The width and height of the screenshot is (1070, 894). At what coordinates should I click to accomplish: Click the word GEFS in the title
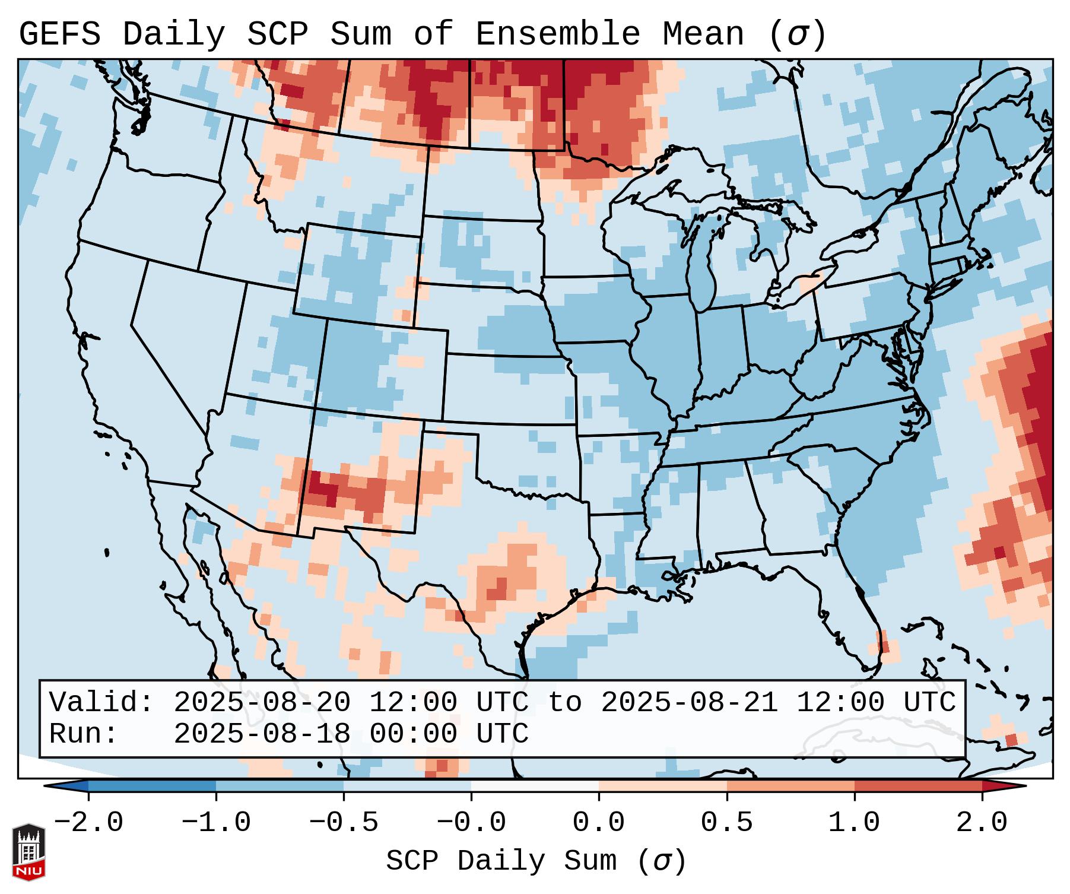coord(59,34)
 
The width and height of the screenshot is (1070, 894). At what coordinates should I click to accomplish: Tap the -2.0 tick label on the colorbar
coord(88,823)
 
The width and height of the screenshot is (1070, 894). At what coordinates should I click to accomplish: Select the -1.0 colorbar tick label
coord(216,823)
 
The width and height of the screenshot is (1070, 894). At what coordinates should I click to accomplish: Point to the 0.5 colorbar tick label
coord(726,823)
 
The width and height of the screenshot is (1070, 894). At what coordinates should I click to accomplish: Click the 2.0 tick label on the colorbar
coord(982,823)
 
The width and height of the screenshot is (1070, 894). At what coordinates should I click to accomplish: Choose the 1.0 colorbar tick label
coord(854,823)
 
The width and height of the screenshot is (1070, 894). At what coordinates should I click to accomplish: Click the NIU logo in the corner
coord(28,851)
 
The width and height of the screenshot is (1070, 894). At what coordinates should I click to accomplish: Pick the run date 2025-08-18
coord(262,734)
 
